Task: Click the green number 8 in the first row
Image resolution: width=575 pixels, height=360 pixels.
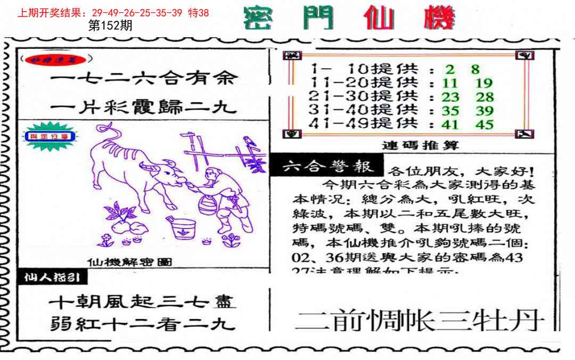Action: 475,69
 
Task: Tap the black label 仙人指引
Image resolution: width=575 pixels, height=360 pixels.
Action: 52,277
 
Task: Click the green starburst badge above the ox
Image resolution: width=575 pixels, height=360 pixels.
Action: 49,136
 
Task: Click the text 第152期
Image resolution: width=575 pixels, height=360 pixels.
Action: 109,26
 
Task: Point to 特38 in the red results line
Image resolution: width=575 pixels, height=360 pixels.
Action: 199,13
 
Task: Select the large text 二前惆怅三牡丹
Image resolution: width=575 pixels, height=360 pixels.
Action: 419,321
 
